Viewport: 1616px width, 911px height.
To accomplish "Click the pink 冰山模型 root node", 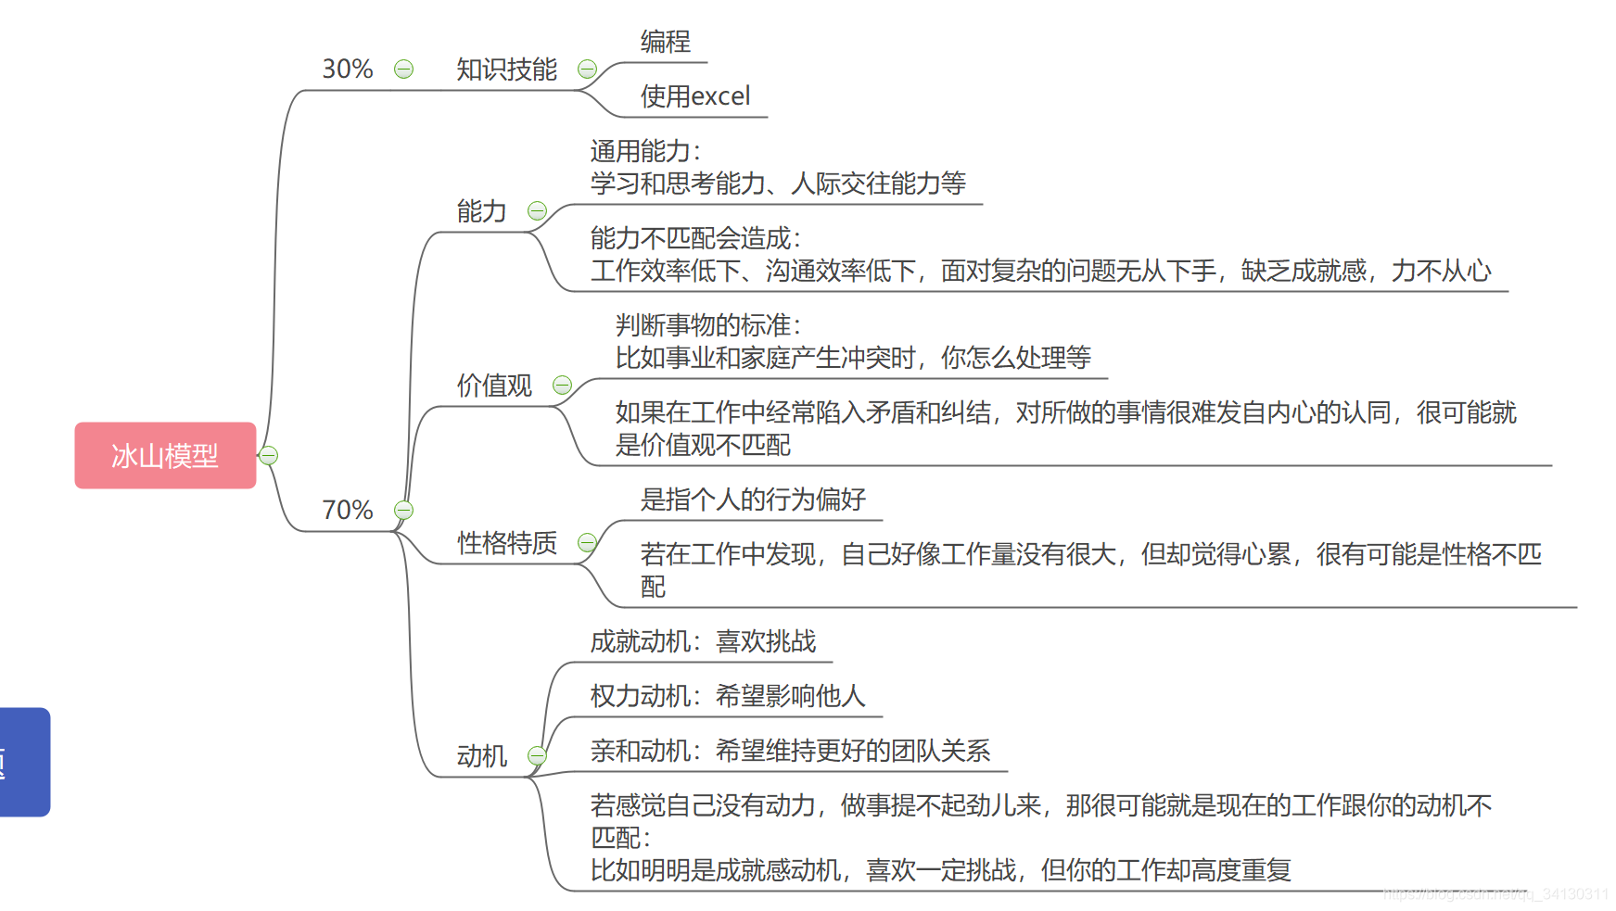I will pyautogui.click(x=165, y=455).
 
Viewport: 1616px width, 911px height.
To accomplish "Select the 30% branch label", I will pyautogui.click(x=347, y=70).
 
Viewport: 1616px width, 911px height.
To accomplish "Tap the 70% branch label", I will pyautogui.click(x=347, y=510).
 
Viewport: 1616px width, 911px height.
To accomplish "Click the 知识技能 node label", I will pyautogui.click(x=506, y=70).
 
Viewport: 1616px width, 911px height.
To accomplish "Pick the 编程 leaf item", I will pyautogui.click(x=665, y=42).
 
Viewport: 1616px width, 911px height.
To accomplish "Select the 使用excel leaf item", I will pyautogui.click(x=694, y=96).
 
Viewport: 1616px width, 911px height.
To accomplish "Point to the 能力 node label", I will pyautogui.click(x=481, y=211).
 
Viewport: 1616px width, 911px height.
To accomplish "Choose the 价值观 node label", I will pyautogui.click(x=494, y=386).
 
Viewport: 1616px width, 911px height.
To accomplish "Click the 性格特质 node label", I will pyautogui.click(x=506, y=543).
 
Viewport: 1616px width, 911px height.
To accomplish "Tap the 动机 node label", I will pyautogui.click(x=481, y=756).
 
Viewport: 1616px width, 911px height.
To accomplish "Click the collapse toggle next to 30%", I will pyautogui.click(x=403, y=70).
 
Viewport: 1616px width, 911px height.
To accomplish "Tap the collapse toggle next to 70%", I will pyautogui.click(x=403, y=510).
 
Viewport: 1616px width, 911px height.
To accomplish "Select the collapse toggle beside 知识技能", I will pyautogui.click(x=587, y=70).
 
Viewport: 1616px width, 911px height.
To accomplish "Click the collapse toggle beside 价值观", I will pyautogui.click(x=562, y=386).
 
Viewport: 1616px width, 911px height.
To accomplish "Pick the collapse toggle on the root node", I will pyautogui.click(x=268, y=455).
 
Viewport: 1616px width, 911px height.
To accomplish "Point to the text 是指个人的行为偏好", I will pyautogui.click(x=752, y=500).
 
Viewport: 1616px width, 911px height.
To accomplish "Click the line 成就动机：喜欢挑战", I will pyautogui.click(x=703, y=641).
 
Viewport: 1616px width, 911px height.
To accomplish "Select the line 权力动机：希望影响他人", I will pyautogui.click(x=728, y=696).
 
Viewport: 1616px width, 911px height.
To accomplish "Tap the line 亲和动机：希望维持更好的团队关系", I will pyautogui.click(x=790, y=751).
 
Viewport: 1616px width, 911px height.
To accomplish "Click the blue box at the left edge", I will pyautogui.click(x=24, y=762).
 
